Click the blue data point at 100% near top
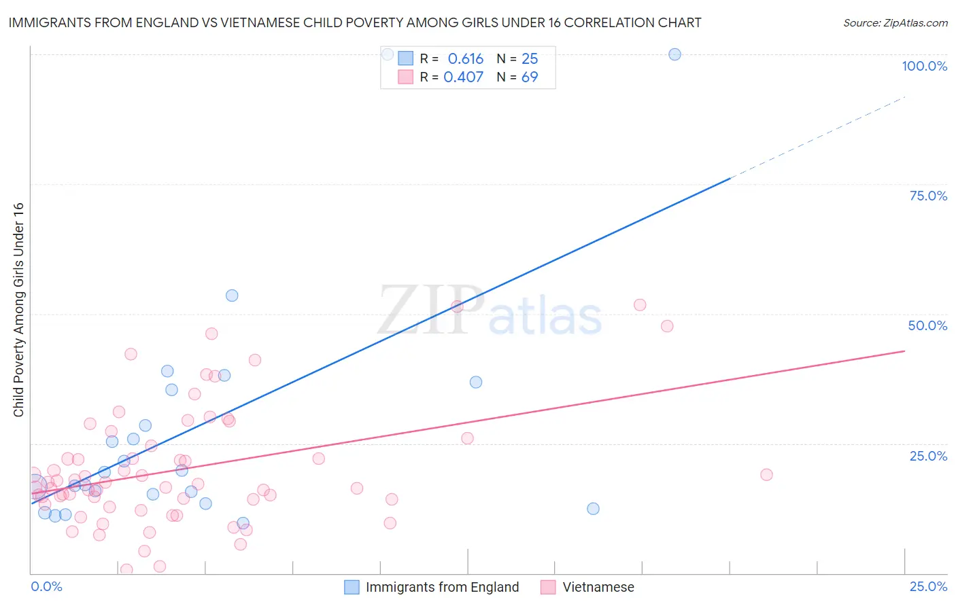[x=675, y=54]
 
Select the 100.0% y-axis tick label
[x=924, y=66]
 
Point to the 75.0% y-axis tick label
[x=928, y=196]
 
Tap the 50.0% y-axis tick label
[x=927, y=325]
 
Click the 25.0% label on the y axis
[x=928, y=456]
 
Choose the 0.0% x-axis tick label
[x=46, y=586]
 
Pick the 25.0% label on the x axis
[x=928, y=586]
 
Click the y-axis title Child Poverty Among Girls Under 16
[x=18, y=309]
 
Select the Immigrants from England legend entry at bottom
[x=442, y=587]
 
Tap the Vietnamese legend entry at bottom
[x=598, y=587]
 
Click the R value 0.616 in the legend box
[x=465, y=59]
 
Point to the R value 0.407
[x=463, y=77]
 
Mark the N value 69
[x=530, y=77]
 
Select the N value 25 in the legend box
[x=530, y=59]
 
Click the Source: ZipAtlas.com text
[x=895, y=23]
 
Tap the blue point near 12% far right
[x=593, y=509]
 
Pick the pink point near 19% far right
[x=766, y=475]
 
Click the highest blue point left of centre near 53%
[x=232, y=296]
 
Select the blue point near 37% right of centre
[x=476, y=382]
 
